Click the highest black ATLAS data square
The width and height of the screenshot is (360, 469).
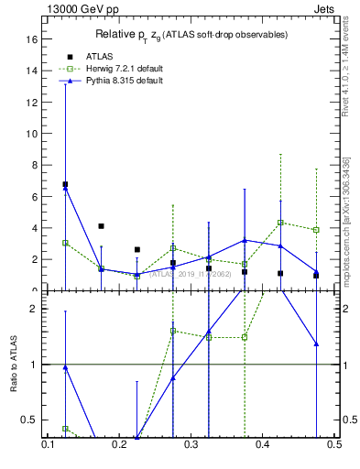pyautogui.click(x=65, y=184)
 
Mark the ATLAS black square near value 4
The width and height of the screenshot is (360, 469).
pyautogui.click(x=101, y=225)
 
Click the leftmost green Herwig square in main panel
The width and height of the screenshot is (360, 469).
pyautogui.click(x=65, y=243)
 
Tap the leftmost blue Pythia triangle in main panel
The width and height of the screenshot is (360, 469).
pyautogui.click(x=65, y=189)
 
